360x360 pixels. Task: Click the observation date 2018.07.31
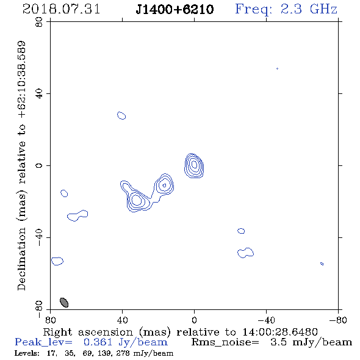click(61, 9)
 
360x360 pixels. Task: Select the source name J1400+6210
click(175, 10)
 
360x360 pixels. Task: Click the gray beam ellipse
click(64, 303)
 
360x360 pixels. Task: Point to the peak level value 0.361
click(98, 342)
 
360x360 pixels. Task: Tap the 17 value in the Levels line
click(51, 353)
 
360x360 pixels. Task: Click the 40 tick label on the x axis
click(122, 320)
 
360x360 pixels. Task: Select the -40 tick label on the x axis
click(266, 320)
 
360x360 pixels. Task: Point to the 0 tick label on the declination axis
click(39, 165)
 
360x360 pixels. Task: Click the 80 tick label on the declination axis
click(39, 22)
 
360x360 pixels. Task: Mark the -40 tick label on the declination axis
click(39, 237)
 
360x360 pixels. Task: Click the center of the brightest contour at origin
click(194, 164)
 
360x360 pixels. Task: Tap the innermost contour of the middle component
click(164, 185)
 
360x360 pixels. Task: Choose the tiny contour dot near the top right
click(278, 69)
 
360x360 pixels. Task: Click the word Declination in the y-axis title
click(21, 259)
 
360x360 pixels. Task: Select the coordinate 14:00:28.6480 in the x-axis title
click(280, 332)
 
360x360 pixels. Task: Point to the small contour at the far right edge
click(322, 264)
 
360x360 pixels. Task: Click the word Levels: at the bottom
click(27, 353)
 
